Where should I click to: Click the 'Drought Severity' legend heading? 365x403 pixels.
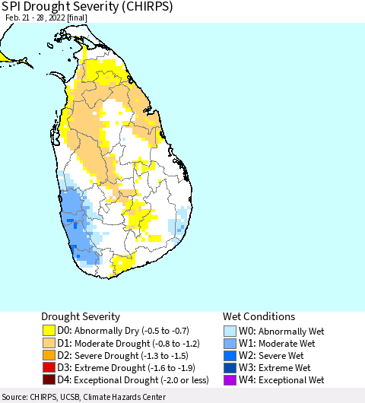(81, 316)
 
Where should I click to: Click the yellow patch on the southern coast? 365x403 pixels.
(122, 265)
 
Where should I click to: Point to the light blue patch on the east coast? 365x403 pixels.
(179, 227)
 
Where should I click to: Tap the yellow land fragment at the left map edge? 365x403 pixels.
(4, 57)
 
